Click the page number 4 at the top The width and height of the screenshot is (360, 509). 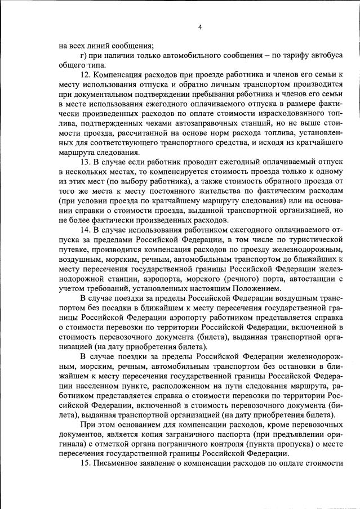click(x=200, y=27)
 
